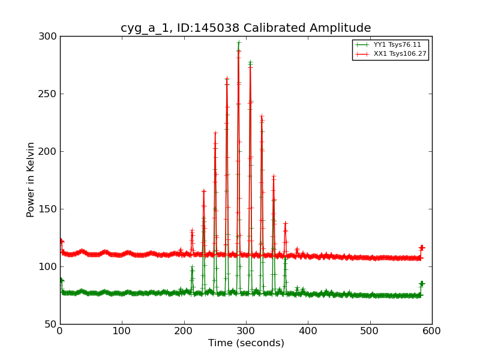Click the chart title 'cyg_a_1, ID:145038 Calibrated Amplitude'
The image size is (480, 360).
pyautogui.click(x=245, y=28)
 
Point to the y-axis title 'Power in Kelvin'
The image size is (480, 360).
pyautogui.click(x=31, y=179)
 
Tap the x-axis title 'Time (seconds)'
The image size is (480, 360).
pyautogui.click(x=246, y=343)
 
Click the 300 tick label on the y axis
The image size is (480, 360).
pyautogui.click(x=48, y=36)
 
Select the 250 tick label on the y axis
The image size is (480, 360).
pyautogui.click(x=48, y=94)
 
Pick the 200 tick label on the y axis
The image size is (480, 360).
pyautogui.click(x=48, y=151)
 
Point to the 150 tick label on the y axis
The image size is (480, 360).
pyautogui.click(x=48, y=209)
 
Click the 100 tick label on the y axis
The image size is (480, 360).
pyautogui.click(x=48, y=266)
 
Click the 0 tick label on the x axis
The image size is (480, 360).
pyautogui.click(x=60, y=331)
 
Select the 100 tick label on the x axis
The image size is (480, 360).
pyautogui.click(x=122, y=331)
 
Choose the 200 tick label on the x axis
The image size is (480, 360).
pyautogui.click(x=184, y=331)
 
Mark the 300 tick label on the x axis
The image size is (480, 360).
pyautogui.click(x=246, y=331)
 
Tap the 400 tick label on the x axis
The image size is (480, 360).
pyautogui.click(x=308, y=331)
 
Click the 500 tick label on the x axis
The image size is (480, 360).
pyautogui.click(x=370, y=331)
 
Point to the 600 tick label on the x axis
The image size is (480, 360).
pyautogui.click(x=432, y=331)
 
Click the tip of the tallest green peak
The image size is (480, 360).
pyautogui.click(x=239, y=42)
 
